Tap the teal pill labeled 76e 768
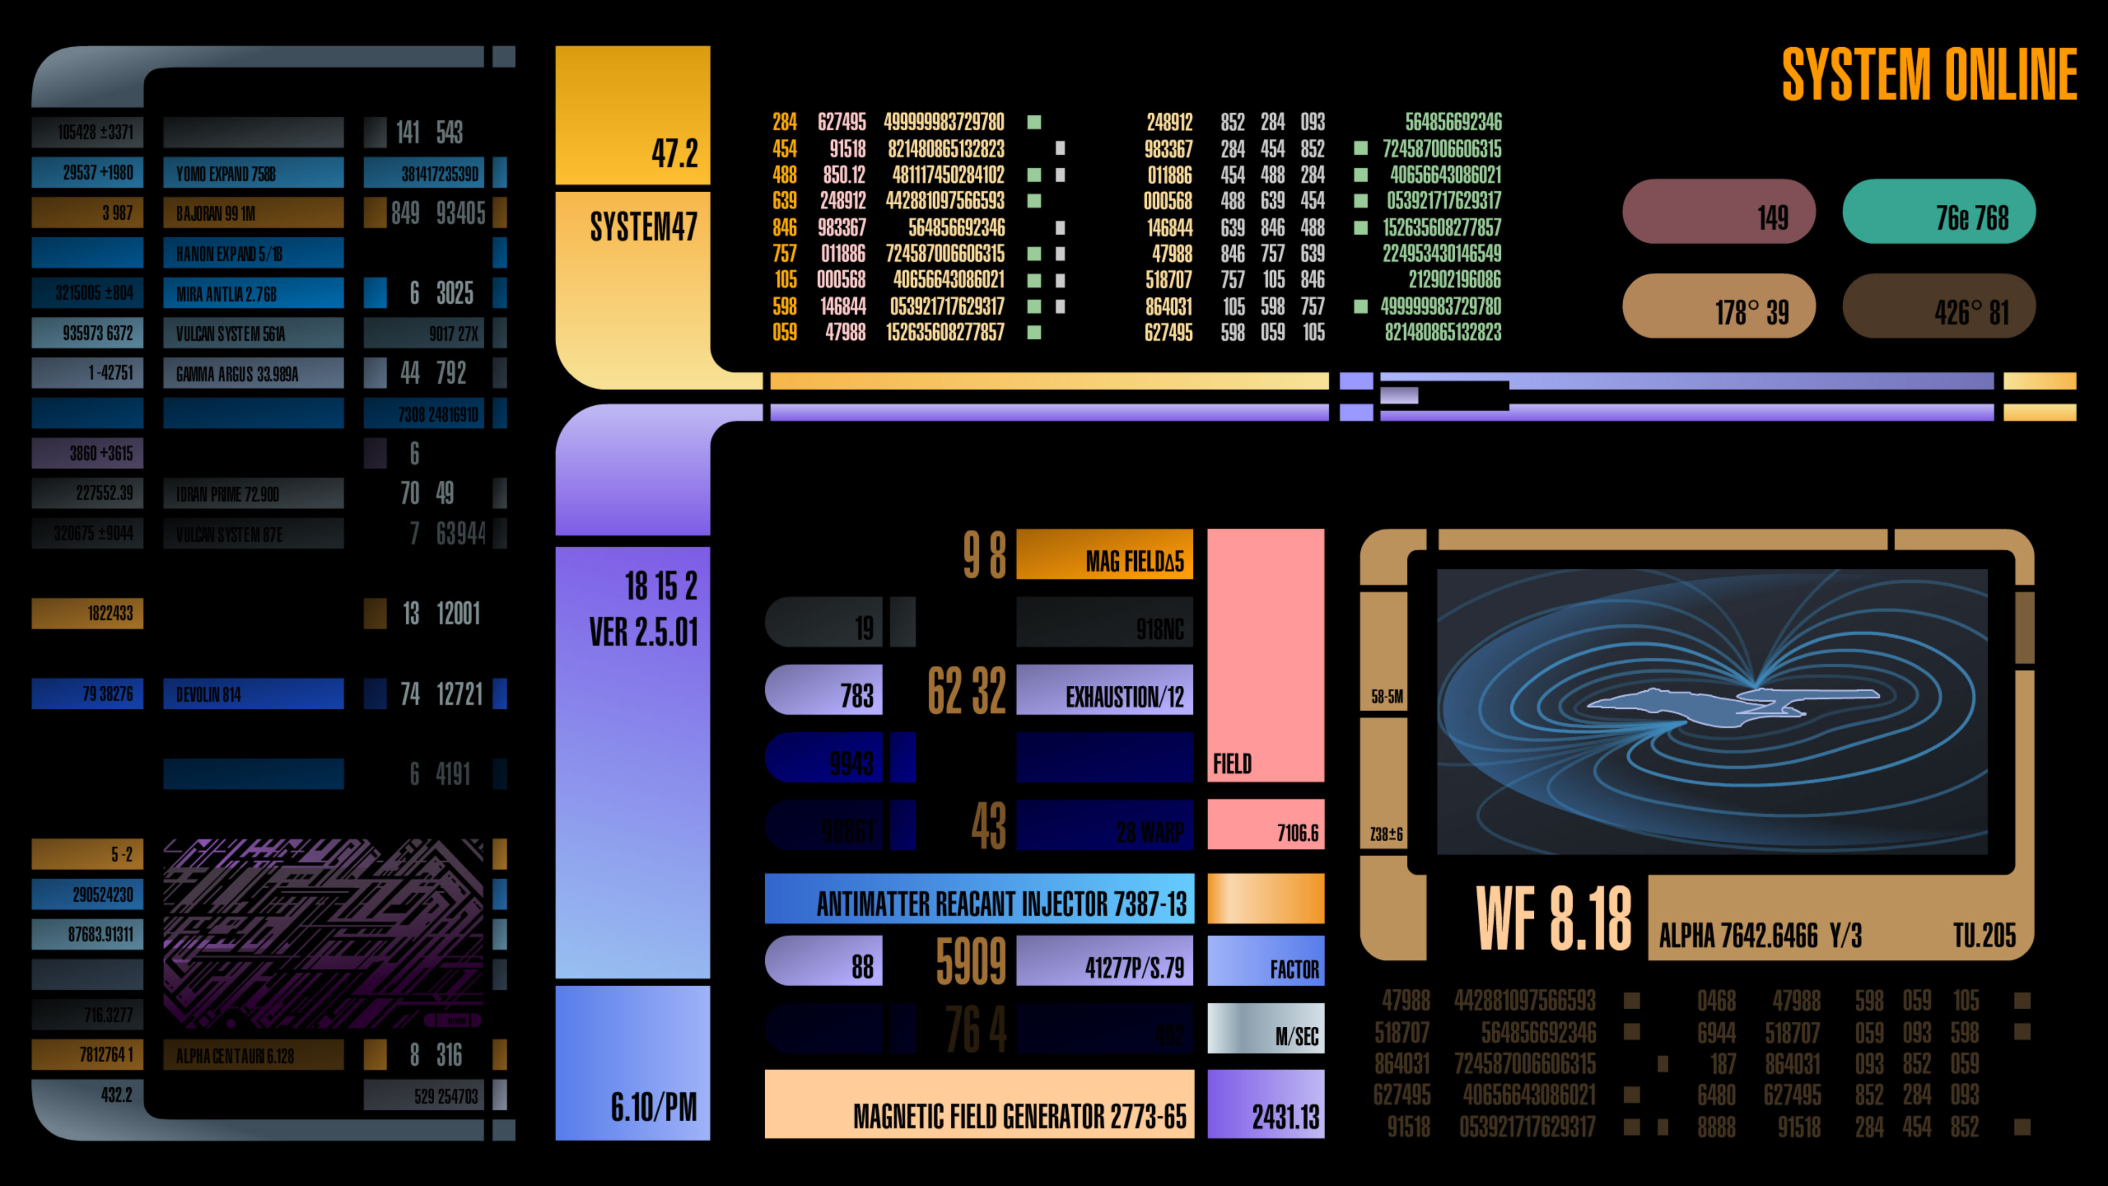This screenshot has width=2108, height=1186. pos(1938,212)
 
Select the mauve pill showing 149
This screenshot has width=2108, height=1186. pos(1718,212)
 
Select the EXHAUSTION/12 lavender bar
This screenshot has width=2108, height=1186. pos(1104,690)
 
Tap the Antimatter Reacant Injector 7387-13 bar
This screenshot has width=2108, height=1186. pos(979,899)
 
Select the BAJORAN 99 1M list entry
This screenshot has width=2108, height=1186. pos(253,213)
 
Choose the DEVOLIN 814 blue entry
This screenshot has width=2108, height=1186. pos(253,694)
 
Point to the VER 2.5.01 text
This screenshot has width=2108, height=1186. pos(643,632)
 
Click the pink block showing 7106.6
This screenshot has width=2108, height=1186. pos(1265,825)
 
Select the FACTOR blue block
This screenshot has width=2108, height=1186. pos(1265,961)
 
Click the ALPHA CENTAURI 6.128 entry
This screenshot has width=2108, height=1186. pos(253,1055)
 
